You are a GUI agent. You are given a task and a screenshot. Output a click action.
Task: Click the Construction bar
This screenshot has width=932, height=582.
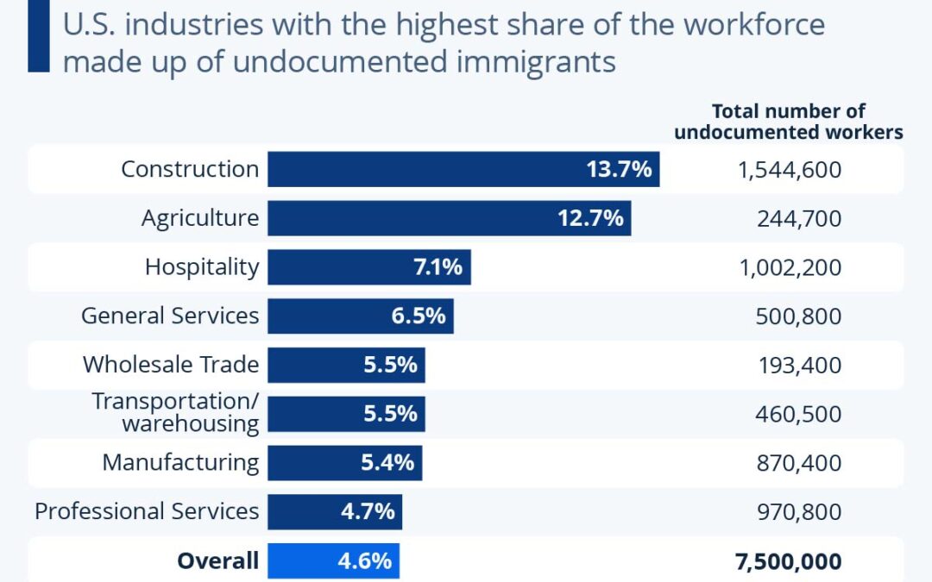pos(463,169)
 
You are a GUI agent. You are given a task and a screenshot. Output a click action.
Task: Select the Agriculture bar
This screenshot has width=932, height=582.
pos(449,218)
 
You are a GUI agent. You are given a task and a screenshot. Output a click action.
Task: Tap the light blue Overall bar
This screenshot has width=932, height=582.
pos(333,560)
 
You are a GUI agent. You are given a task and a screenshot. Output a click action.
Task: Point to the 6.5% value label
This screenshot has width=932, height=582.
pos(419,316)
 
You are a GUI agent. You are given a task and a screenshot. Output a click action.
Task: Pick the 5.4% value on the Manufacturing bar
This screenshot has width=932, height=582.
pos(388,463)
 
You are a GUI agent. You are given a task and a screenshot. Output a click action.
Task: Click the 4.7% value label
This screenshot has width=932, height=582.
pos(368,511)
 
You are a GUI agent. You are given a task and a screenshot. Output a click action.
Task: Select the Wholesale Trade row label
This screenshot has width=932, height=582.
pos(170,365)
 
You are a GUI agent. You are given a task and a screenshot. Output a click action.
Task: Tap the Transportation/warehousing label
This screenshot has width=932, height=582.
pos(175,413)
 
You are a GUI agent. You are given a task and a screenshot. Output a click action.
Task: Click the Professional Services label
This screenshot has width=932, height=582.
pos(147,511)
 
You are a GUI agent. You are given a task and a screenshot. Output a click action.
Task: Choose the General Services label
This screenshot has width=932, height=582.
pos(169,316)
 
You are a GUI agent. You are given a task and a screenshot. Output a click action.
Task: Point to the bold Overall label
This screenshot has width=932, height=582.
pos(217,561)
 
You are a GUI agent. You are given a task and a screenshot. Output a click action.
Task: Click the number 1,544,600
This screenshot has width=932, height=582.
pos(789,170)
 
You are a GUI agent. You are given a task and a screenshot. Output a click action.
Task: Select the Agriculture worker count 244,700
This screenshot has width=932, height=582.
pos(799,218)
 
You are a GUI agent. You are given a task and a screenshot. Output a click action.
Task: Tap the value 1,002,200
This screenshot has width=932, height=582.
pos(789,267)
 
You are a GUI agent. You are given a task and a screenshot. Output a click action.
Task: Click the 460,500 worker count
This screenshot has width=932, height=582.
pos(799,414)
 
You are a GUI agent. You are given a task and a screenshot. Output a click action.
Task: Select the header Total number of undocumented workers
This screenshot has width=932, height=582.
pos(788,122)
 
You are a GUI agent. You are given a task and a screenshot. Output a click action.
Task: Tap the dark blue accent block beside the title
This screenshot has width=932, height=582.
pos(38,35)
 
